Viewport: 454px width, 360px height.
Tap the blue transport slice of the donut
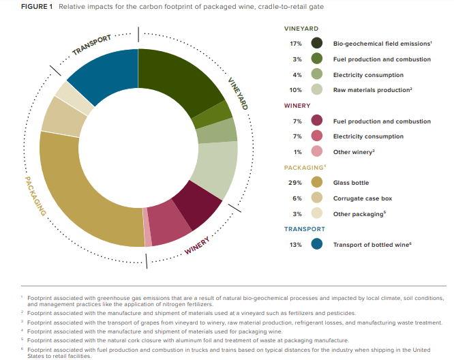(102, 76)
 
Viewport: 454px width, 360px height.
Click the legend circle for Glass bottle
(316, 183)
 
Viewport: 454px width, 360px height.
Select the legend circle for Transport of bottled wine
(316, 244)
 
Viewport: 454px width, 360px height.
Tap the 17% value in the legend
(296, 44)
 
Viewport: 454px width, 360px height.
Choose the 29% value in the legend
(296, 183)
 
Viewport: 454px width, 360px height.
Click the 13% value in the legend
(296, 244)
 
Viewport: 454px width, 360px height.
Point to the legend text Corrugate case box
(363, 198)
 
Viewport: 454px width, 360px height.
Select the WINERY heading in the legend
(297, 106)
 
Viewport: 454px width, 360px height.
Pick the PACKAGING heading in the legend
(303, 167)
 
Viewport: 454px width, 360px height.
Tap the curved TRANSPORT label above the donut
(91, 45)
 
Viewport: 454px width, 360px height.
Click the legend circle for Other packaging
(316, 213)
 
